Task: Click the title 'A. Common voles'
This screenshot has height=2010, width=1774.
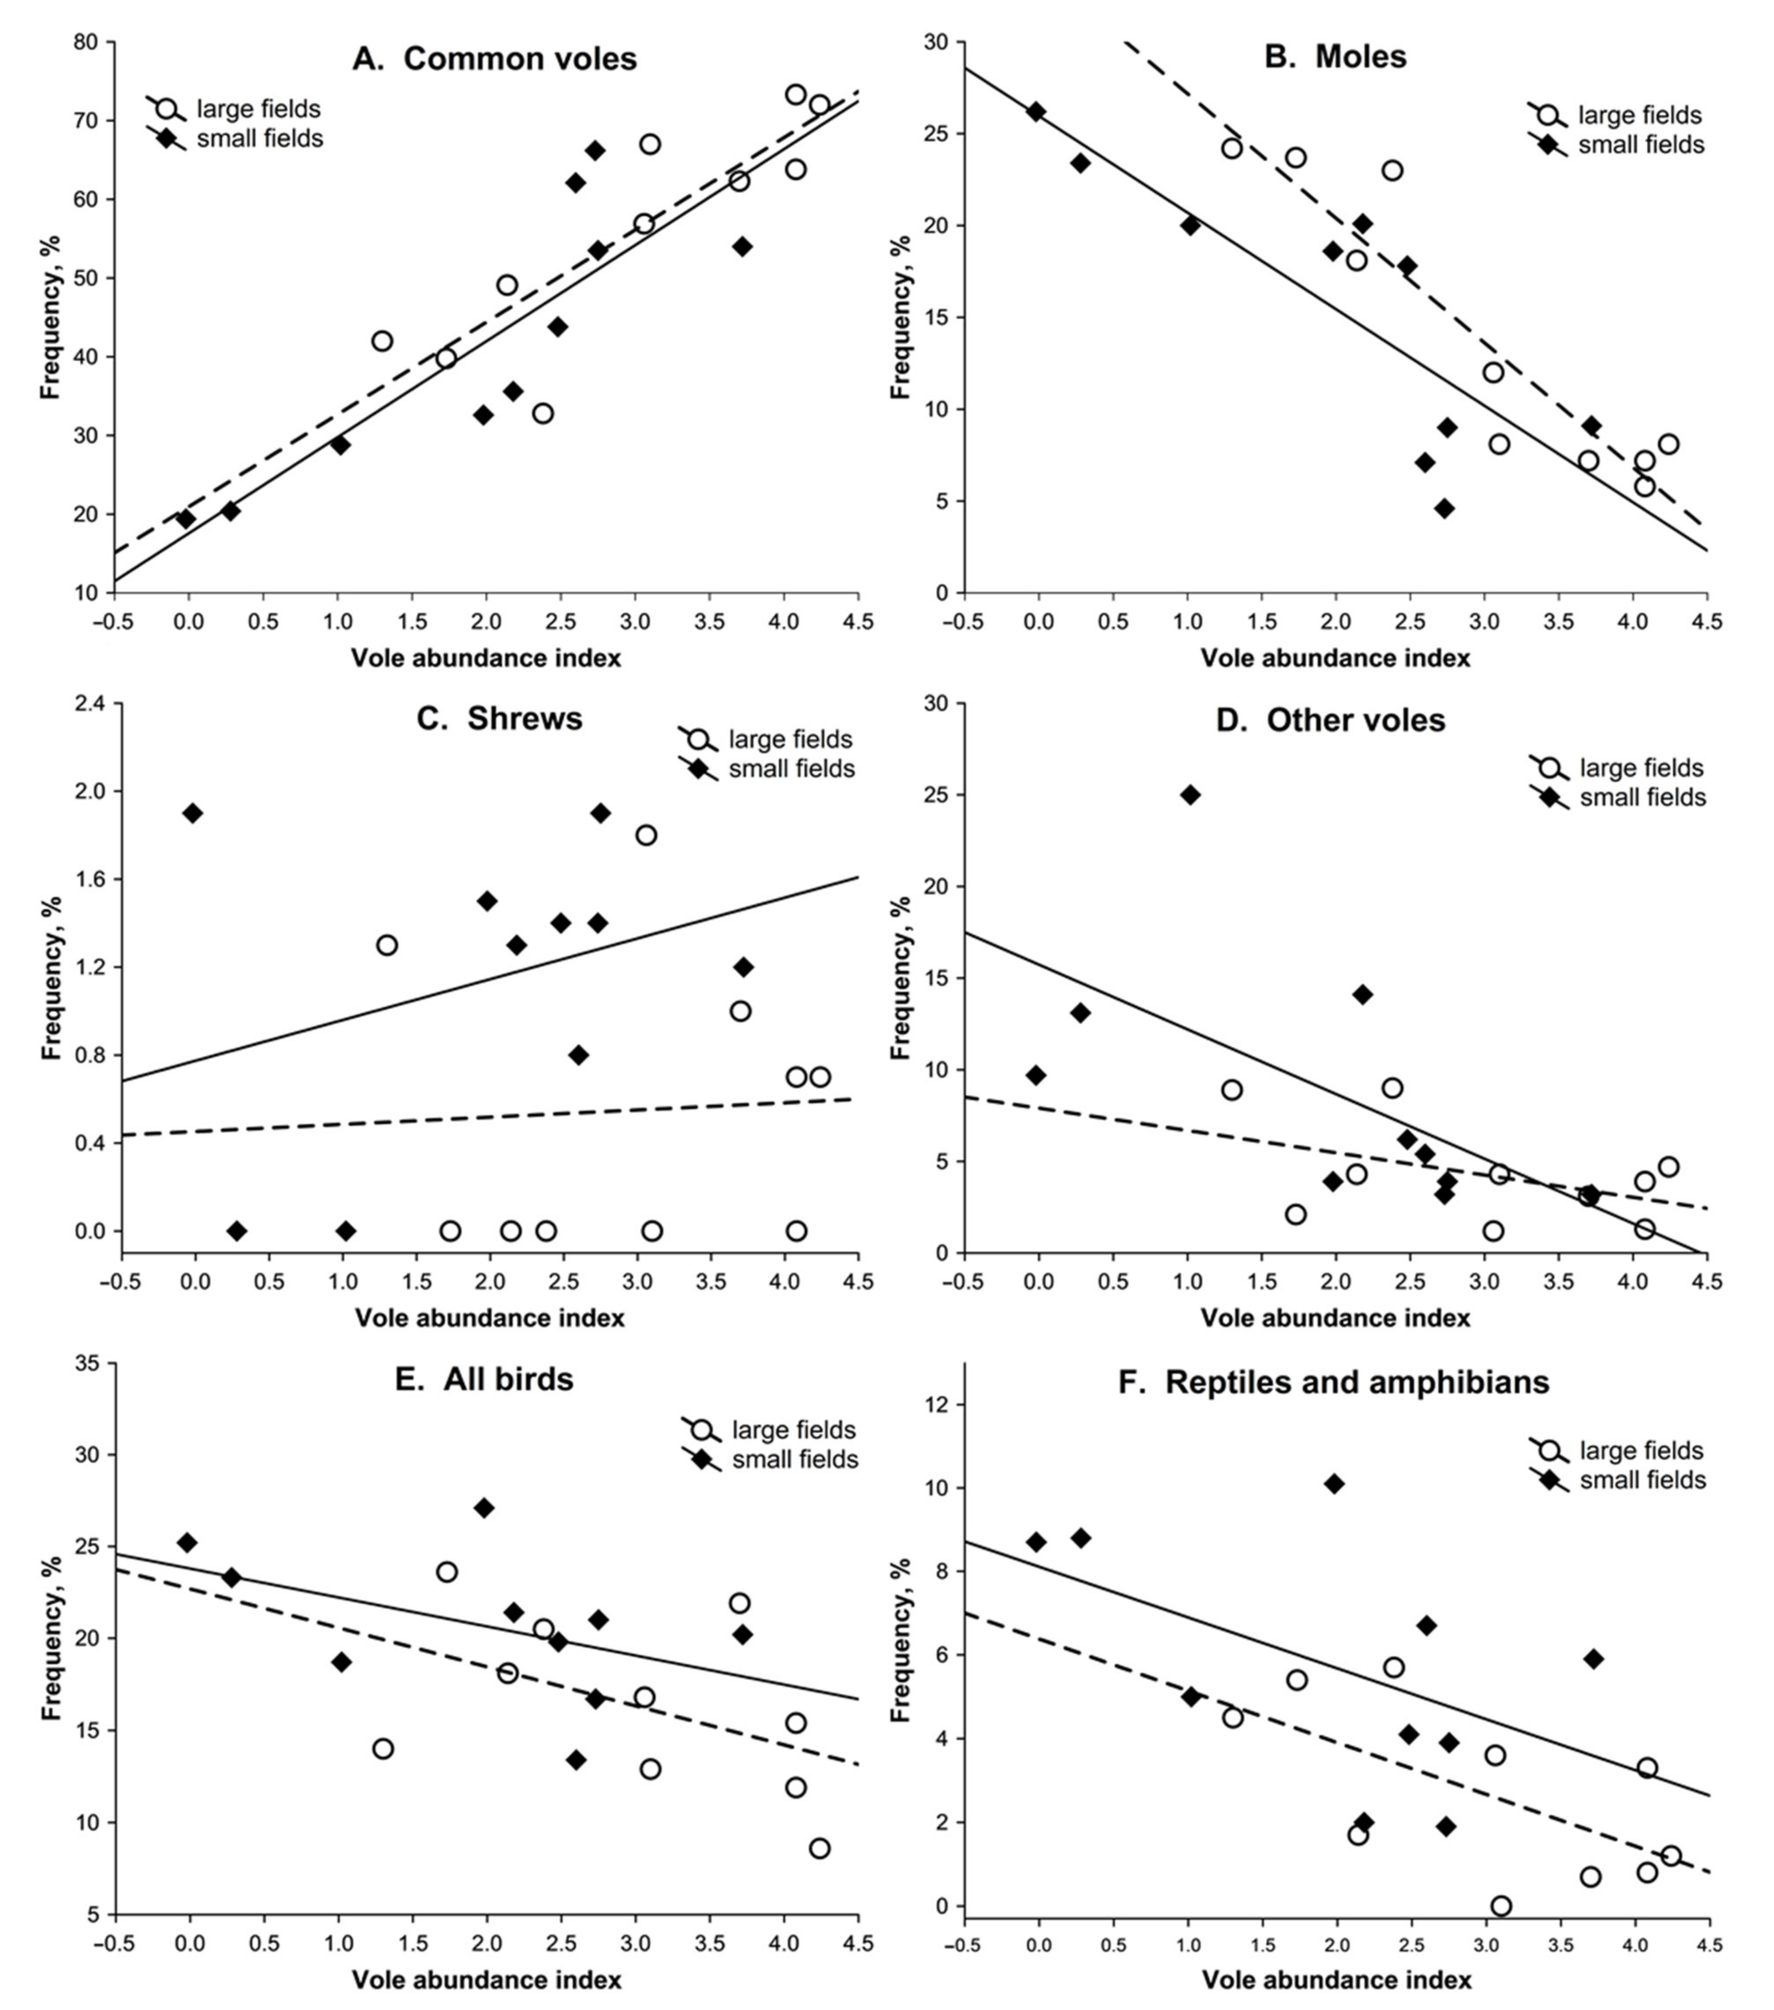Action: (x=495, y=59)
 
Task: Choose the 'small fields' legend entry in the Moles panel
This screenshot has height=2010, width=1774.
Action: (x=1640, y=145)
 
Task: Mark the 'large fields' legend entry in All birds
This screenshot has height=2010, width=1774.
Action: (x=793, y=1430)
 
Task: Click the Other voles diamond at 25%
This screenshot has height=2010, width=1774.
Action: (x=1190, y=795)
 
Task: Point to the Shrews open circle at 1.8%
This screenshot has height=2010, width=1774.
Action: (x=646, y=835)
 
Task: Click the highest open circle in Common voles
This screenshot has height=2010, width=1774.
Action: (x=796, y=94)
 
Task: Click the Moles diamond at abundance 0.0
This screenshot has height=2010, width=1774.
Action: (x=1036, y=111)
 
